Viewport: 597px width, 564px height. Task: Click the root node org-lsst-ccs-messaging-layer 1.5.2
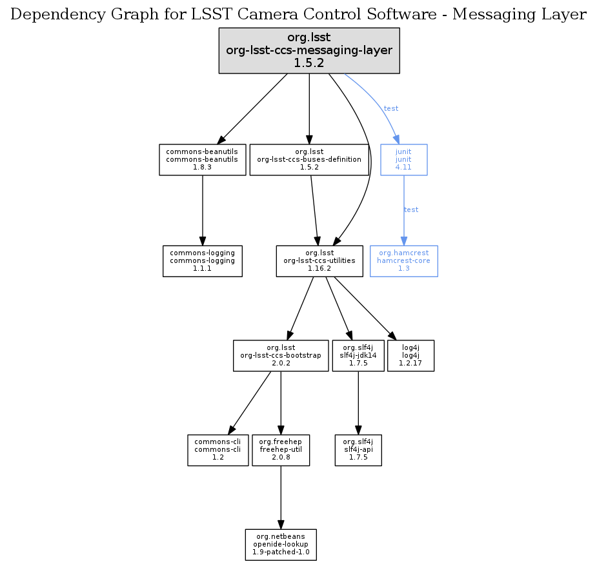tap(309, 50)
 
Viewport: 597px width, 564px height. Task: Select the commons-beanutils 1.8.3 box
tap(203, 159)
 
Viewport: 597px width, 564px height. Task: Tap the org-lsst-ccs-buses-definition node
tap(309, 159)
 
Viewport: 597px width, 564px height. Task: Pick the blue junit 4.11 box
tap(403, 159)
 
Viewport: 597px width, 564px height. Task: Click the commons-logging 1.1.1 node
tap(202, 260)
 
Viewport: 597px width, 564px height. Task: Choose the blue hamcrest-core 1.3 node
tap(403, 260)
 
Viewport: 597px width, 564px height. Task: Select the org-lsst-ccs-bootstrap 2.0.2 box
tap(280, 355)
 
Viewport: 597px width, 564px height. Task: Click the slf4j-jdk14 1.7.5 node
tap(358, 355)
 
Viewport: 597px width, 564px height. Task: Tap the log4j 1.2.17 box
tap(411, 355)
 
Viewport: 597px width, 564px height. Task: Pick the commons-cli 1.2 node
tap(218, 450)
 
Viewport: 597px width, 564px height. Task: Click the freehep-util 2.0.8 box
tap(280, 450)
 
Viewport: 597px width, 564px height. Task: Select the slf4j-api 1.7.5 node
tap(358, 450)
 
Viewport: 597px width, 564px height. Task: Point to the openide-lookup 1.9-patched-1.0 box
tap(281, 545)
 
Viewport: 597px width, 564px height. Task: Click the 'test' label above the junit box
tap(391, 108)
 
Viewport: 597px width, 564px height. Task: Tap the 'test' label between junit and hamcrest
tap(411, 209)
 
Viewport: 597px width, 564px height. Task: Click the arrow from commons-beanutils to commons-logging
tap(203, 209)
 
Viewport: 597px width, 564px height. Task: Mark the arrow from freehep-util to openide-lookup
tap(280, 496)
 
